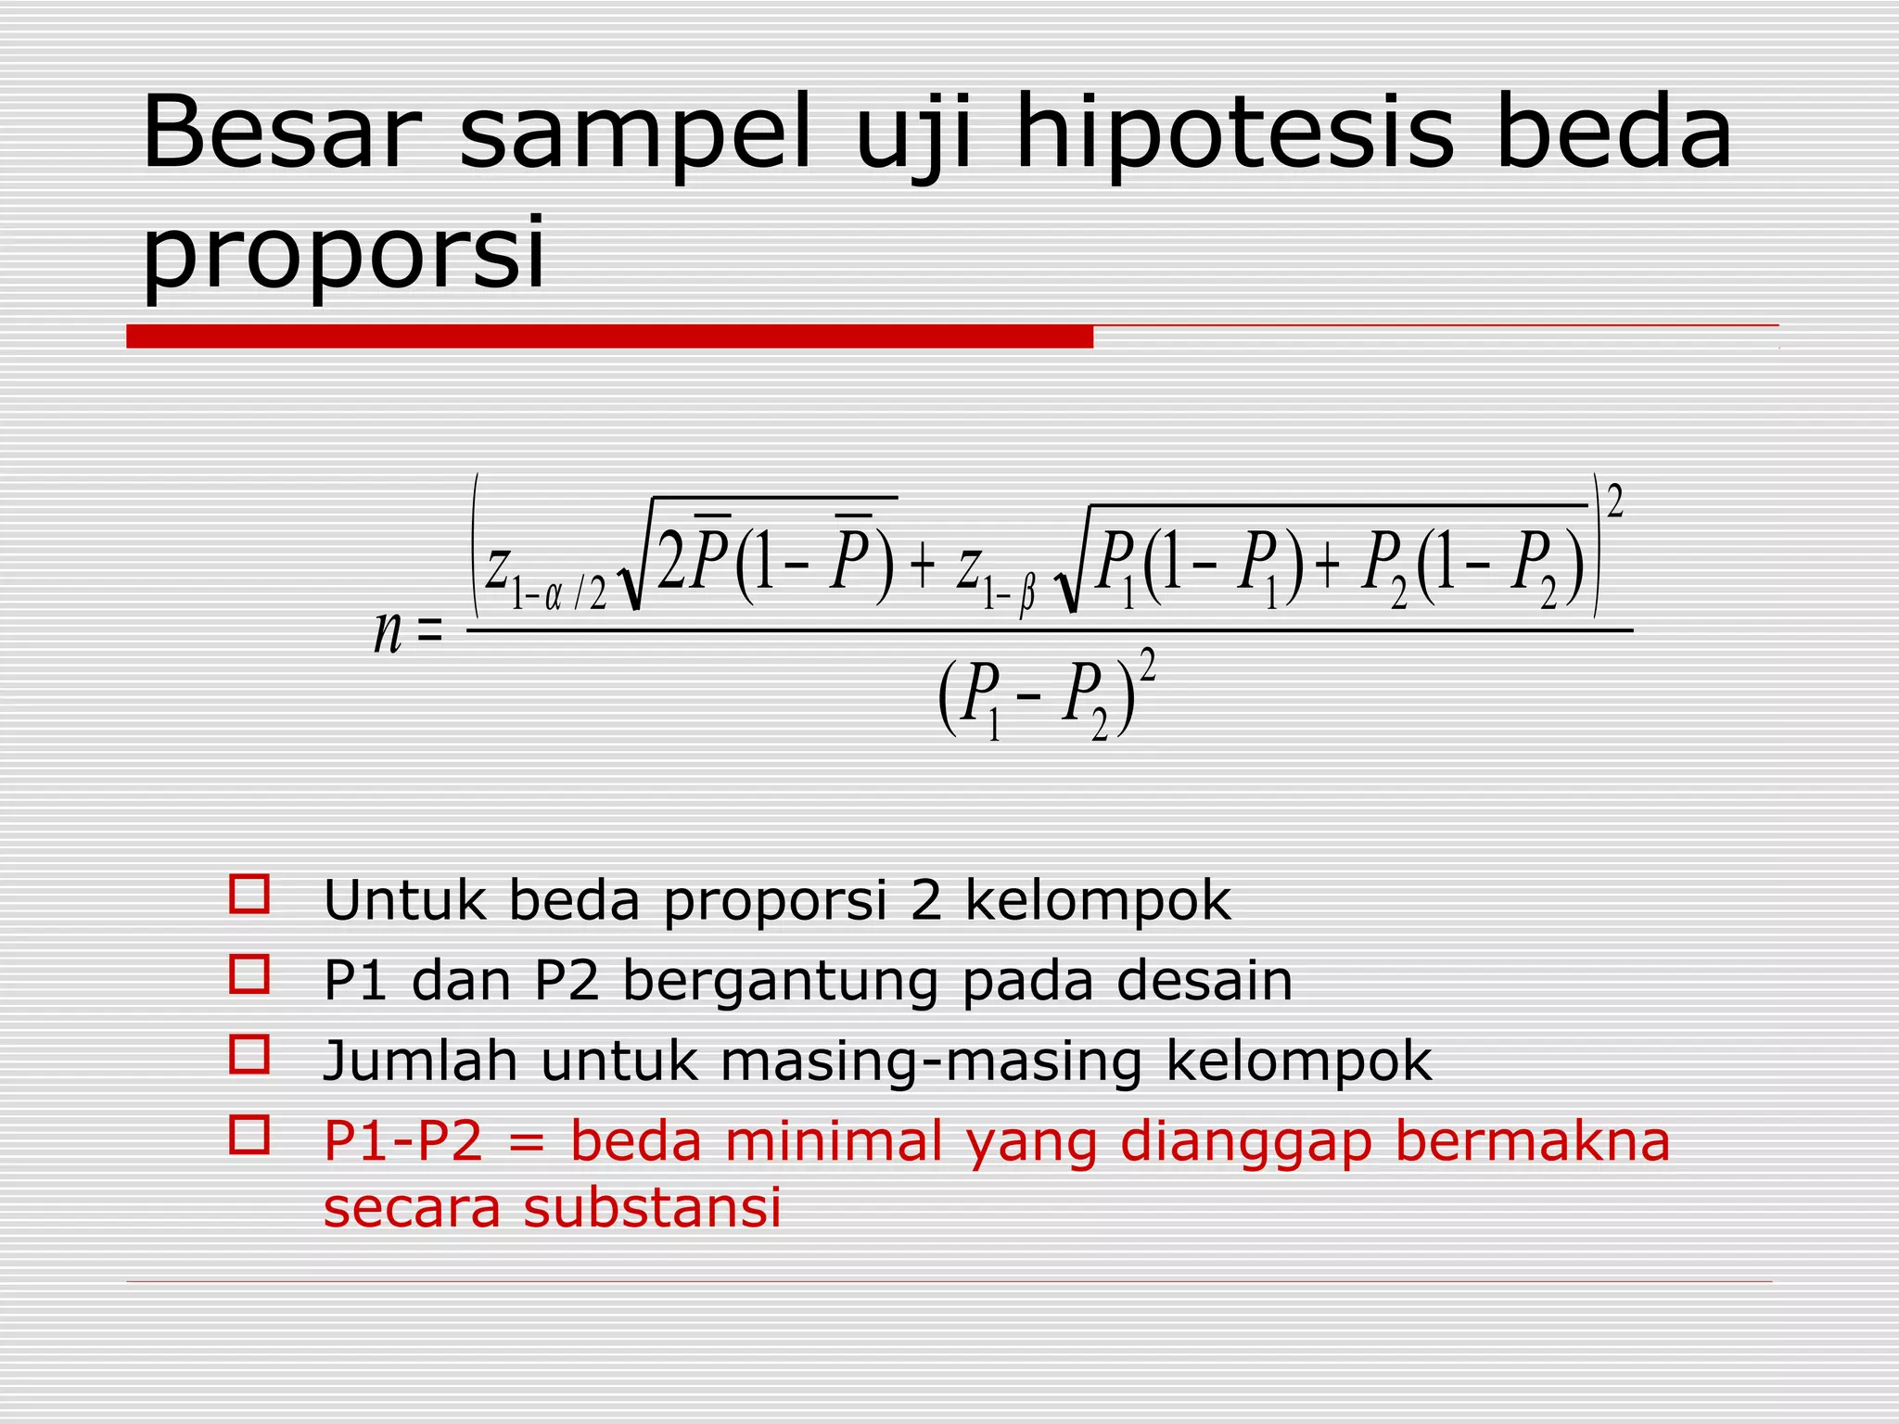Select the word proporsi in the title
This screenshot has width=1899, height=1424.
pyautogui.click(x=343, y=252)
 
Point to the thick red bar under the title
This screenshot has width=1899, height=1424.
pyautogui.click(x=609, y=337)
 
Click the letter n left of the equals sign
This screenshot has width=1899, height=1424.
pyautogui.click(x=388, y=633)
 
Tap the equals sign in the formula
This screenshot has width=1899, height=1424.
pyautogui.click(x=430, y=633)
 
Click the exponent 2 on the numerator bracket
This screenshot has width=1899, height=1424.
pyautogui.click(x=1614, y=502)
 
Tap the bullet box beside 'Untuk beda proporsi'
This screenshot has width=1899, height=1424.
pyautogui.click(x=249, y=895)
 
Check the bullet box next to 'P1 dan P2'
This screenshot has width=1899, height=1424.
pyautogui.click(x=249, y=974)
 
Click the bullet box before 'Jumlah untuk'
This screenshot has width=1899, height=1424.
pyautogui.click(x=249, y=1054)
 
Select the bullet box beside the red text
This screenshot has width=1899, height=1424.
pyautogui.click(x=249, y=1135)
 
